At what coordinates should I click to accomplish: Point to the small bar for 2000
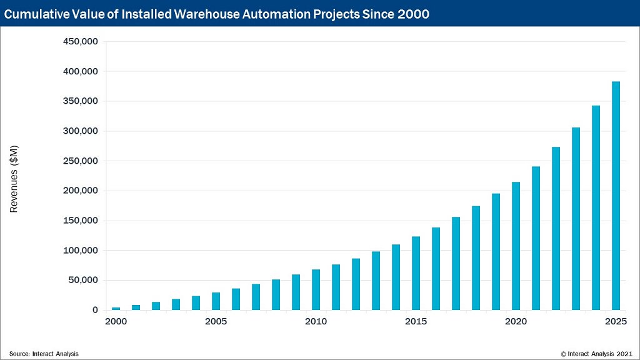[x=116, y=309]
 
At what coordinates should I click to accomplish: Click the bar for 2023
[x=576, y=219]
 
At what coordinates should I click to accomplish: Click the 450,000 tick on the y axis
[x=81, y=42]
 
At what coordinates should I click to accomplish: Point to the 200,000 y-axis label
[x=81, y=191]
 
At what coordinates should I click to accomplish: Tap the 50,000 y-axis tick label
[x=82, y=280]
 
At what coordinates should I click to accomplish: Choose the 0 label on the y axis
[x=95, y=310]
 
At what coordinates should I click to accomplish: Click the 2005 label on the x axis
[x=216, y=322]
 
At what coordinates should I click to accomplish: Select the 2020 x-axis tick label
[x=516, y=322]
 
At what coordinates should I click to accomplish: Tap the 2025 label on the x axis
[x=616, y=322]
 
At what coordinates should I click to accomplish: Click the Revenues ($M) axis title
[x=14, y=178]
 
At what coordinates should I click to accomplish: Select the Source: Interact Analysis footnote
[x=44, y=354]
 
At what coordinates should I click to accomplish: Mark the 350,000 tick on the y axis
[x=81, y=101]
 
